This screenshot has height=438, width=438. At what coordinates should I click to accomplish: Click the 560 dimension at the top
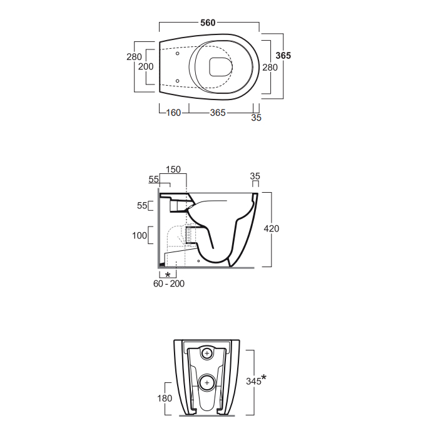click(208, 23)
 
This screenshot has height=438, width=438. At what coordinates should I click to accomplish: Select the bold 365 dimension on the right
click(283, 56)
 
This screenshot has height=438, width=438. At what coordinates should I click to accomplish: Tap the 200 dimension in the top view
click(146, 66)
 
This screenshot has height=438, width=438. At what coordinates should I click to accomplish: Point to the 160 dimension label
click(173, 113)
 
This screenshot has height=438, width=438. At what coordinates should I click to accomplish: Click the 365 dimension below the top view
click(218, 113)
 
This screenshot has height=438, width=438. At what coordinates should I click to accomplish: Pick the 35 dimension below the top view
click(256, 118)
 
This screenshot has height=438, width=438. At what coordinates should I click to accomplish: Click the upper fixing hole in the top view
click(177, 53)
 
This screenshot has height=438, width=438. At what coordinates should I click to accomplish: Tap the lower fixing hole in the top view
click(177, 81)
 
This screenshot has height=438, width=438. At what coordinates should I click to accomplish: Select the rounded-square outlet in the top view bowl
click(221, 67)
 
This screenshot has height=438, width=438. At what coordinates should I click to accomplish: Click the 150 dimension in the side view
click(173, 170)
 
